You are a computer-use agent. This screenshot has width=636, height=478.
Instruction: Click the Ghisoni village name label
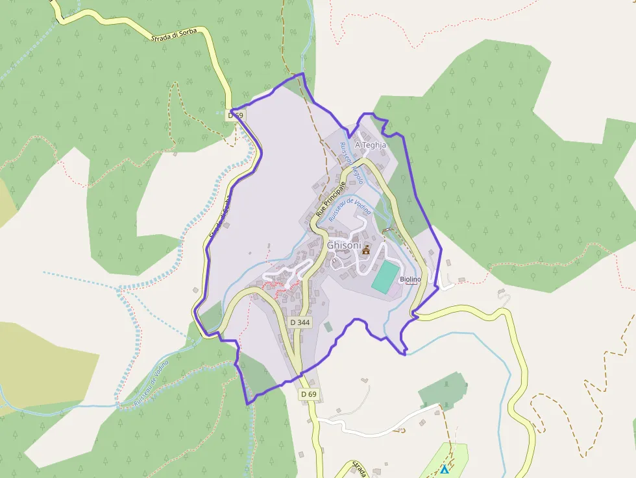pos(344,246)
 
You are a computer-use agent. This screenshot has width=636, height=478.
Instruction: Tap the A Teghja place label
pos(371,145)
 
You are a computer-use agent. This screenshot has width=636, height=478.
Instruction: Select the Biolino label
pos(410,279)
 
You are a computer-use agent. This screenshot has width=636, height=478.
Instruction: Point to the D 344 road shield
pos(300,322)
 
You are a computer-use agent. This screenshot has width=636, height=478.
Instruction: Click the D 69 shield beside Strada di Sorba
pos(236,115)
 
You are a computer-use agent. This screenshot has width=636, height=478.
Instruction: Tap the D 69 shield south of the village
pos(309,394)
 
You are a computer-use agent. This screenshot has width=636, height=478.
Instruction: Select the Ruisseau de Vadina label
pos(349,210)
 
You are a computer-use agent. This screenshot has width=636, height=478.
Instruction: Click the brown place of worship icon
pos(365,250)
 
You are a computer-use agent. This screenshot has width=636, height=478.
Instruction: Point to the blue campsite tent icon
pos(445,469)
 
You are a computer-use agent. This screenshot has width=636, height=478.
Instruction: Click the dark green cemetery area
pos(442,390)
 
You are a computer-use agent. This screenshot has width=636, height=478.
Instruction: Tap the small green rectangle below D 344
pos(328,327)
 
